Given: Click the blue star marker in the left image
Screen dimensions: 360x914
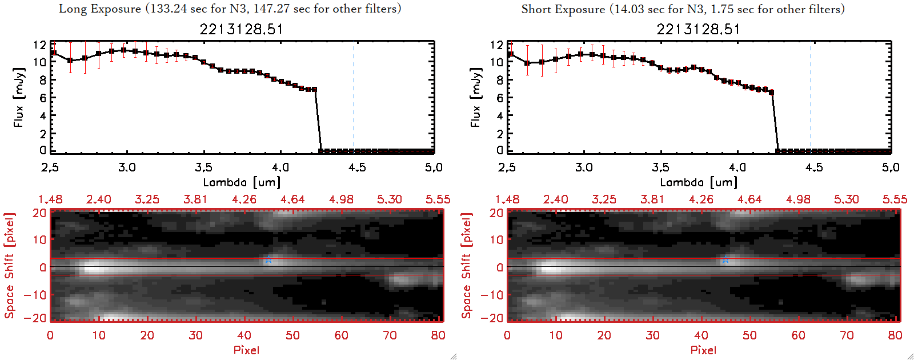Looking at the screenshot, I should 268,260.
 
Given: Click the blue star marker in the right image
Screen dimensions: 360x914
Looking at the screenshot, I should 725,260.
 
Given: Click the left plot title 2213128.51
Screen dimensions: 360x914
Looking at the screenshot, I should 241,29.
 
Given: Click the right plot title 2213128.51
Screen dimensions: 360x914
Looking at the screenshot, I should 698,29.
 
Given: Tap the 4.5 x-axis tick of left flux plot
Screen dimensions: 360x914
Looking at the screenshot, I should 357,167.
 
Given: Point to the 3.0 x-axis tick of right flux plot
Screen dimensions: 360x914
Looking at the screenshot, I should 584,167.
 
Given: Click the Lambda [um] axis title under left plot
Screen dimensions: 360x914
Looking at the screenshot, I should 242,182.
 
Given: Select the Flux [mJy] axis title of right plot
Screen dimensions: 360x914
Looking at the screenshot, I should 475,97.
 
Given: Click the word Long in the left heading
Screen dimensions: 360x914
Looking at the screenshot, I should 71,9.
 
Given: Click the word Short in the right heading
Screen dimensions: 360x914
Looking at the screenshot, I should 536,9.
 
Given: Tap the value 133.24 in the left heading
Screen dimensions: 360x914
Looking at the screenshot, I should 169,9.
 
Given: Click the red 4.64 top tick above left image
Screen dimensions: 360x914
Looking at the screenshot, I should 292,199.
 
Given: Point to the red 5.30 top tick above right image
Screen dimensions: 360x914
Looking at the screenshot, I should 846,199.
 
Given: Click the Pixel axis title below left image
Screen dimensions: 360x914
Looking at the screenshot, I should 246,350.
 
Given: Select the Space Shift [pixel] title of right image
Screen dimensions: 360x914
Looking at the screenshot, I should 467,266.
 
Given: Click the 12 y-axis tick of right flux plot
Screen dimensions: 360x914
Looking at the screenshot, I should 496,45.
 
